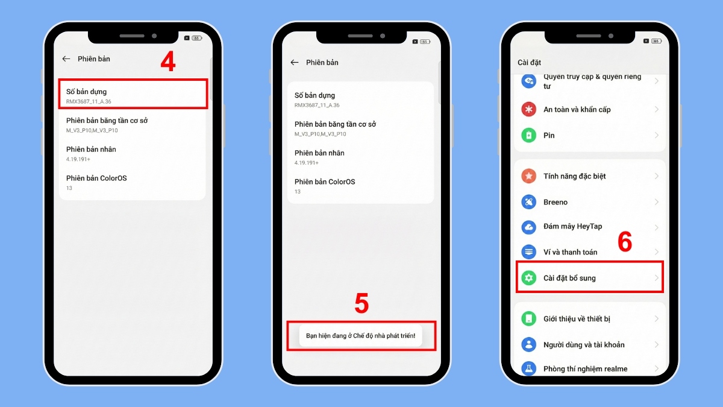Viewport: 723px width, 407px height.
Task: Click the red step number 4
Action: pyautogui.click(x=168, y=62)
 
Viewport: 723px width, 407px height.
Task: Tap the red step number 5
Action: pyautogui.click(x=361, y=304)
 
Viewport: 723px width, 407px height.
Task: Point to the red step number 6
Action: pyautogui.click(x=625, y=242)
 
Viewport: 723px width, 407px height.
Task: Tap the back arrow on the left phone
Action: pyautogui.click(x=66, y=59)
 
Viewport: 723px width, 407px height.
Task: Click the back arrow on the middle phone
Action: pyautogui.click(x=295, y=63)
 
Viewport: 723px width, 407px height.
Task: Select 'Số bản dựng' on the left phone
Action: pyautogui.click(x=86, y=92)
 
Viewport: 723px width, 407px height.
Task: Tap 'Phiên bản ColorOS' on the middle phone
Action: pyautogui.click(x=324, y=181)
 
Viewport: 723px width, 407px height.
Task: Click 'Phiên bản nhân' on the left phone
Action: pyautogui.click(x=91, y=149)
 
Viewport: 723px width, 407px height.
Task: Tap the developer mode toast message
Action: pyautogui.click(x=360, y=335)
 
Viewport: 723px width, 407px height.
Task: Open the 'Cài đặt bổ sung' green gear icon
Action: pyautogui.click(x=529, y=278)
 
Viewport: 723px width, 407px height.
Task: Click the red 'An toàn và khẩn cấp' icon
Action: pyautogui.click(x=529, y=110)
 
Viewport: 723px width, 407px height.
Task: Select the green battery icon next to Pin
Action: pyautogui.click(x=529, y=136)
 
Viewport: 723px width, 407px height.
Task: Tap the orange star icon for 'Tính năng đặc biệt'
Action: pyautogui.click(x=529, y=176)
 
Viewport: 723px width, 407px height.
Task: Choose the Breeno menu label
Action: pyautogui.click(x=556, y=202)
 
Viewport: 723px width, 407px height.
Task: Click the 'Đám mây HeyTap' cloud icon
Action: pyautogui.click(x=529, y=227)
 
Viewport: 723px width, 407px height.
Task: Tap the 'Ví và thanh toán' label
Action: pyautogui.click(x=570, y=252)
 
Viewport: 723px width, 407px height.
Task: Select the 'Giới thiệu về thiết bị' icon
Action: pyautogui.click(x=529, y=319)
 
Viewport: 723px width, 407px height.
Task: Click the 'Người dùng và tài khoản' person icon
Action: pyautogui.click(x=529, y=345)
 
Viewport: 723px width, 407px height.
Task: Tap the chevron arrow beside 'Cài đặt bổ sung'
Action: pyautogui.click(x=656, y=278)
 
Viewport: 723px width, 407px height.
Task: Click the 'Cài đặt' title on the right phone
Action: pyautogui.click(x=530, y=63)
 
